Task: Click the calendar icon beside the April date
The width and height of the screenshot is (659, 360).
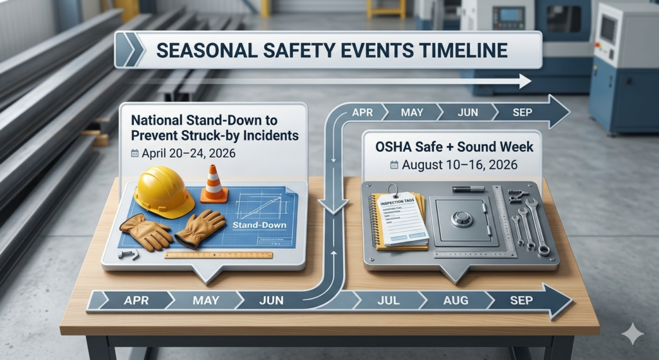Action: [x=135, y=153]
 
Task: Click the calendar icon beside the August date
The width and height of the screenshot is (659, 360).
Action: [x=394, y=165]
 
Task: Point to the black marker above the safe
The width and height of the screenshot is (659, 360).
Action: [x=468, y=189]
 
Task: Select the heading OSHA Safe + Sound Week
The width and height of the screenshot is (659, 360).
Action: [x=454, y=147]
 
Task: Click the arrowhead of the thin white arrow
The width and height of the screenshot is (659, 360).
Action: [x=524, y=81]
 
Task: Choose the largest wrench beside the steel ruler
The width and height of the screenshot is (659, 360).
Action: [x=537, y=225]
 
